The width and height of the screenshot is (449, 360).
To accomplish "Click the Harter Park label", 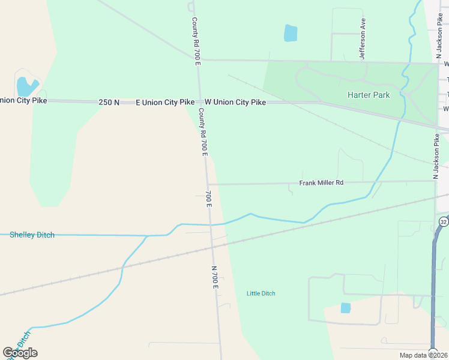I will (x=369, y=95).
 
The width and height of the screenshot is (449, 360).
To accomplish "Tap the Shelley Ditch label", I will (x=32, y=235).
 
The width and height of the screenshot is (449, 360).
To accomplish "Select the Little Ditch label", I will (x=261, y=293).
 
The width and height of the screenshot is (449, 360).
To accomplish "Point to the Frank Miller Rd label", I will (x=321, y=182).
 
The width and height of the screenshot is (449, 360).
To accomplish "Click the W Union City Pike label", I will (x=235, y=103).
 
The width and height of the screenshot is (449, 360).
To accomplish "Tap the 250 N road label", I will (x=109, y=103).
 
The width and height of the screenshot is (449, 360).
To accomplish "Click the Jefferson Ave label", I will (x=363, y=38).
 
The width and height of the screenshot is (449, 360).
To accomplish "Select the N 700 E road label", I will (x=214, y=277).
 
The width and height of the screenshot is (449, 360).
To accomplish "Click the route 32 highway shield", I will (x=443, y=221).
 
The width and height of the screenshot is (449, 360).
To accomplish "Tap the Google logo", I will (x=20, y=352).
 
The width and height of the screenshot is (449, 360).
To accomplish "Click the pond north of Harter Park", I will (x=291, y=33).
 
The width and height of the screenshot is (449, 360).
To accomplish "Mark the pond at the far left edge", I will (x=27, y=86).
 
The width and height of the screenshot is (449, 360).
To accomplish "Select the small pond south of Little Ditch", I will (x=345, y=308).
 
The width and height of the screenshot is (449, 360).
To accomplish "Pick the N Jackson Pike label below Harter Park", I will (x=437, y=156).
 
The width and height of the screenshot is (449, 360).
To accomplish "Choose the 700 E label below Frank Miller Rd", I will (x=208, y=199).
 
